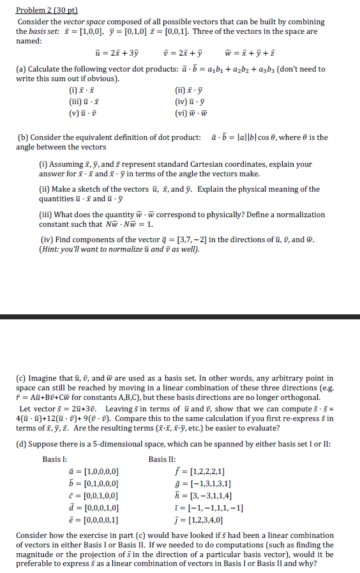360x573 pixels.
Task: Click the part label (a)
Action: pyautogui.click(x=21, y=69)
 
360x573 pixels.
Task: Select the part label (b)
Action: pyautogui.click(x=21, y=137)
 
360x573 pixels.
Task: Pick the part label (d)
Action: pyautogui.click(x=21, y=441)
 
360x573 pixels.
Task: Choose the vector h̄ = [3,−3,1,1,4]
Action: pyautogui.click(x=204, y=495)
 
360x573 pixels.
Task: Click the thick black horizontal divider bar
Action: pyautogui.click(x=180, y=317)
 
